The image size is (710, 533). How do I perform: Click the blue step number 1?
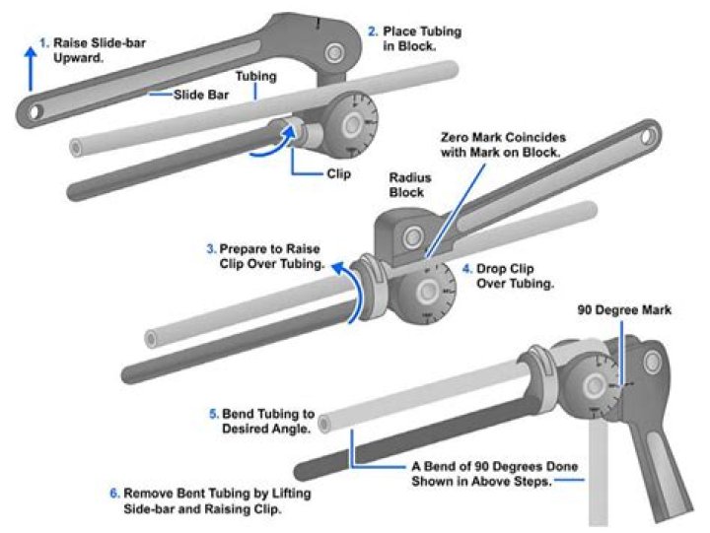[x=43, y=42]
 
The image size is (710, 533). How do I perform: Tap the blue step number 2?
[x=373, y=32]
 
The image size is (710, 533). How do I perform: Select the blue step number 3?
[x=211, y=248]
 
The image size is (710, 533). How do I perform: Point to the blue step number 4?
[x=466, y=268]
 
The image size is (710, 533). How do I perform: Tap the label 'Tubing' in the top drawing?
[x=256, y=76]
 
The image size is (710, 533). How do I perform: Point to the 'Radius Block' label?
[x=406, y=186]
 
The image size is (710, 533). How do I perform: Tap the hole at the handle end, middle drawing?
[x=651, y=131]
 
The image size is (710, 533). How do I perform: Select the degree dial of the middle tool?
[x=428, y=290]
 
